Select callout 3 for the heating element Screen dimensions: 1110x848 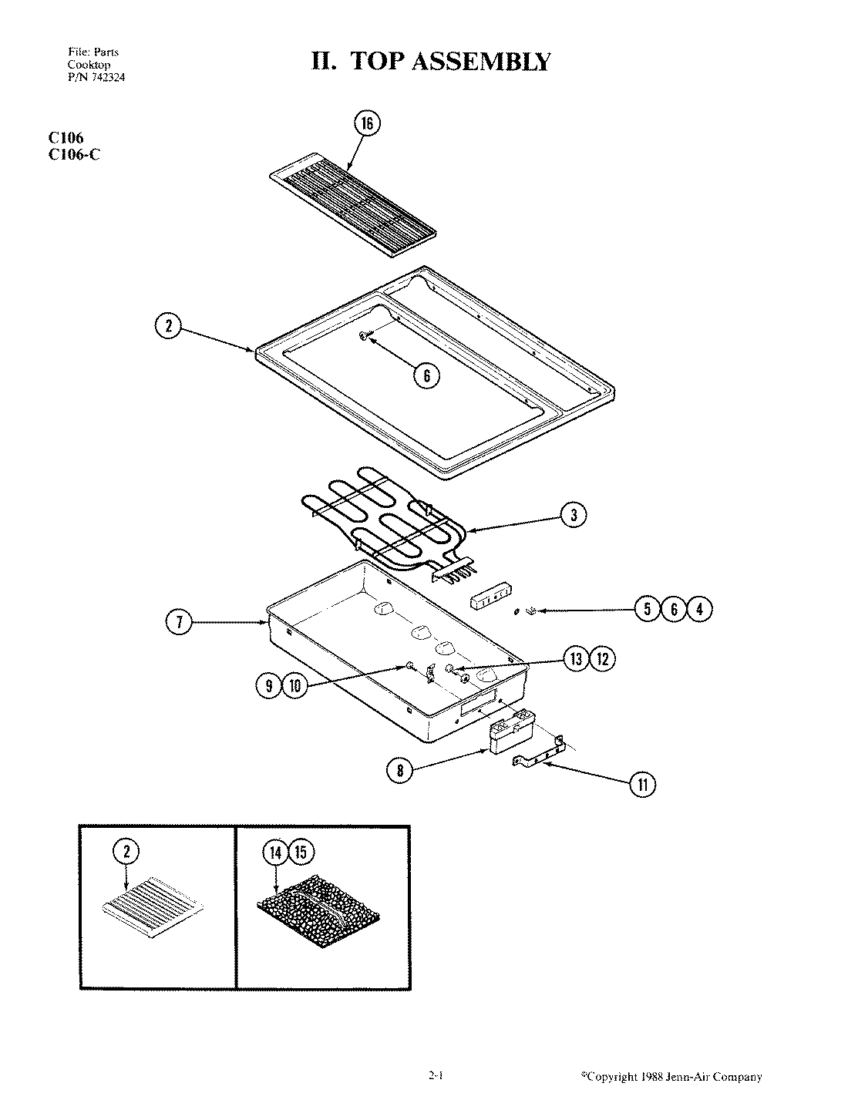point(574,515)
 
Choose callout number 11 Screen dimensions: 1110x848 point(642,785)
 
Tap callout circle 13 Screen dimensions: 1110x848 point(577,659)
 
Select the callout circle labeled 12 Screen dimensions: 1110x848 point(603,659)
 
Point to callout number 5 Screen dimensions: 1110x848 point(647,610)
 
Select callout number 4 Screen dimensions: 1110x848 point(699,610)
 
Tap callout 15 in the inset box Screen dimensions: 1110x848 point(301,853)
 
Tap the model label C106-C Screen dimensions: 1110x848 point(74,153)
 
